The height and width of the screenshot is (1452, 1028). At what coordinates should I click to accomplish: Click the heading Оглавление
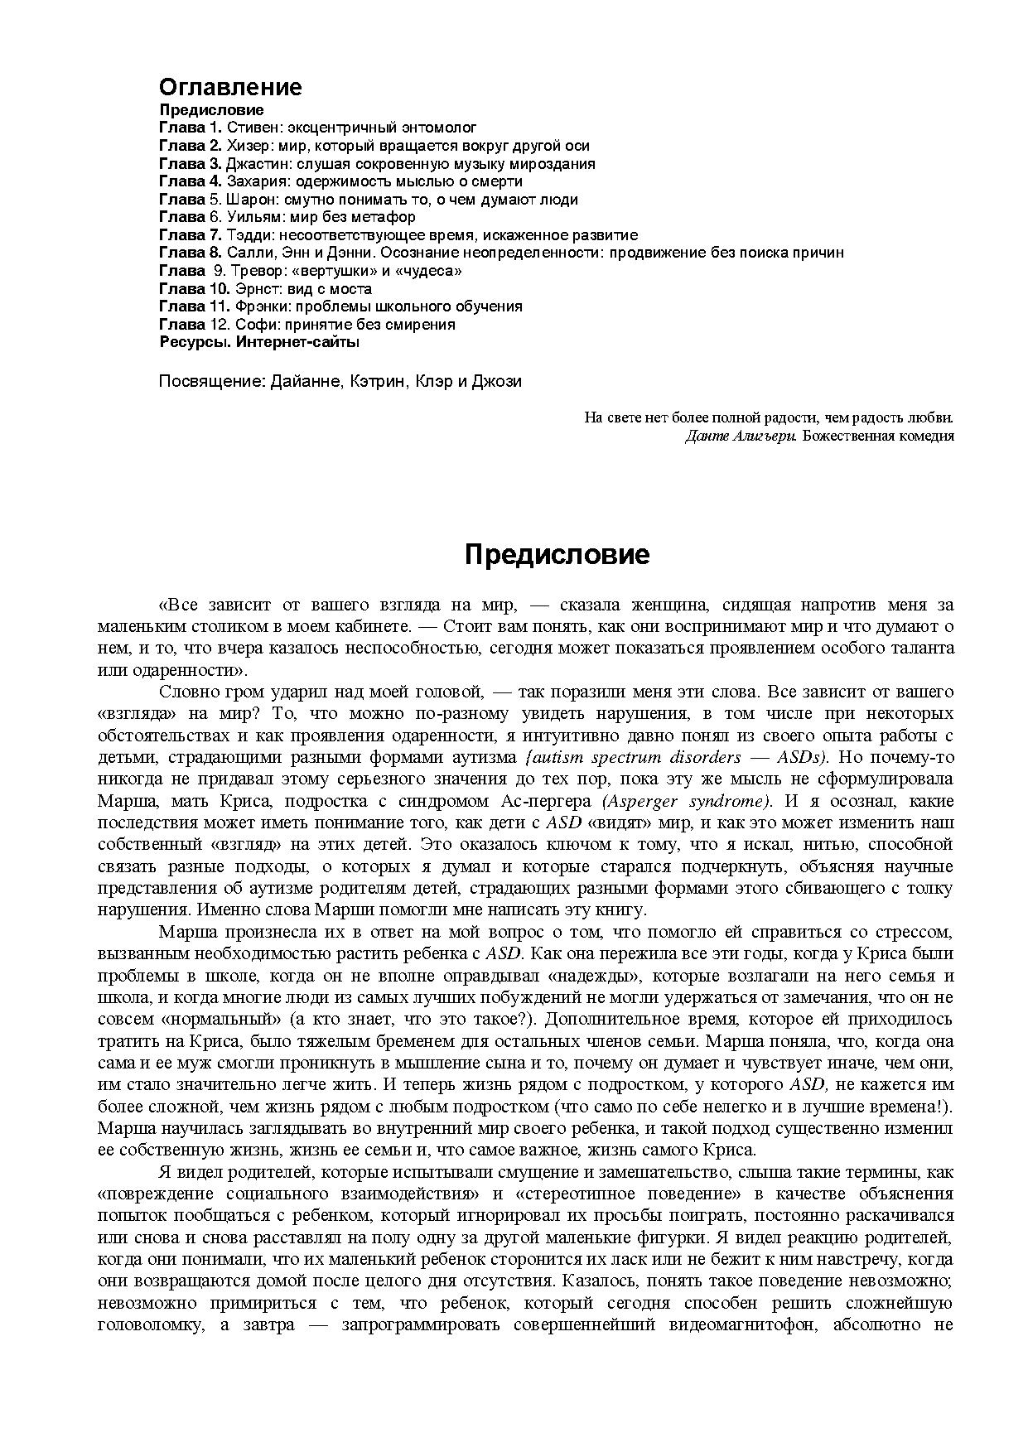[x=230, y=87]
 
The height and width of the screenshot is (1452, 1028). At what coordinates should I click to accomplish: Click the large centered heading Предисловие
[x=557, y=554]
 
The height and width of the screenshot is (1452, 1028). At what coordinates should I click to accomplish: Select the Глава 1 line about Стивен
[x=317, y=128]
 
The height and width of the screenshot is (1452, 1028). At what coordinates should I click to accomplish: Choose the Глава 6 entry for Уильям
[x=287, y=217]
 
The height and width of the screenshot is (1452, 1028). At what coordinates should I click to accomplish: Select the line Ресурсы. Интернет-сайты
[x=258, y=342]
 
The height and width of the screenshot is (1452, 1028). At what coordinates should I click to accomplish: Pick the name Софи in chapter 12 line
[x=249, y=325]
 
